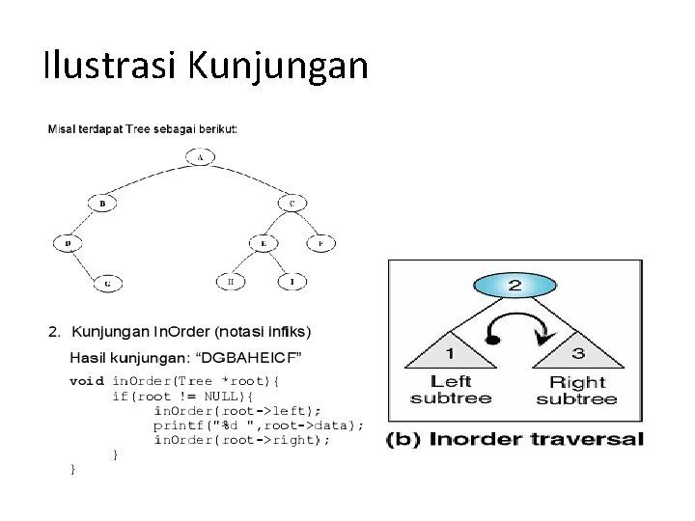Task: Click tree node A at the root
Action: [x=199, y=157]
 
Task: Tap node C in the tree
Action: [x=292, y=204]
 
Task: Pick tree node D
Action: [x=68, y=243]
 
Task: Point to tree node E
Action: [x=263, y=243]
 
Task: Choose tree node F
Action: [x=321, y=243]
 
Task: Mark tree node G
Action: [x=107, y=283]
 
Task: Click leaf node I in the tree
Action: [x=292, y=282]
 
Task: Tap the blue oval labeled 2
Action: [x=514, y=285]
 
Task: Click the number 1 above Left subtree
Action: [x=452, y=353]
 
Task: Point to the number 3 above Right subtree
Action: [x=577, y=353]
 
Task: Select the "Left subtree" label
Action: [x=451, y=389]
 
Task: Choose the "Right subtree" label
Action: [x=577, y=391]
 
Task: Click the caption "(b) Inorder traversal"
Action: [x=514, y=440]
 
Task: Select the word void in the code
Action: [x=87, y=381]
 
